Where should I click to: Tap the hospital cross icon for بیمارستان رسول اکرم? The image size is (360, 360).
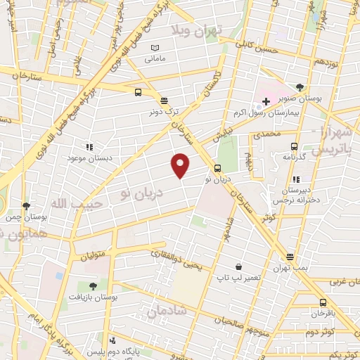(x=266, y=101)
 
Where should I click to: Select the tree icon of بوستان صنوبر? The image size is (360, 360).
(x=300, y=87)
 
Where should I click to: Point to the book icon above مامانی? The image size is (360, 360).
(x=155, y=47)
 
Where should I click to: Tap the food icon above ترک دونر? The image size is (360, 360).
(x=164, y=100)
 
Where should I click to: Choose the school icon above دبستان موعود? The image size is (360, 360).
(x=89, y=147)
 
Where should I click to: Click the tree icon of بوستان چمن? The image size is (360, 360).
(x=27, y=206)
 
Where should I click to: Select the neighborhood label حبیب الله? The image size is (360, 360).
(x=78, y=202)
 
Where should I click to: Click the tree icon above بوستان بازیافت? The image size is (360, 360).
(x=93, y=285)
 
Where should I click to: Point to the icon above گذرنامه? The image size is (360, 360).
(x=295, y=146)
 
